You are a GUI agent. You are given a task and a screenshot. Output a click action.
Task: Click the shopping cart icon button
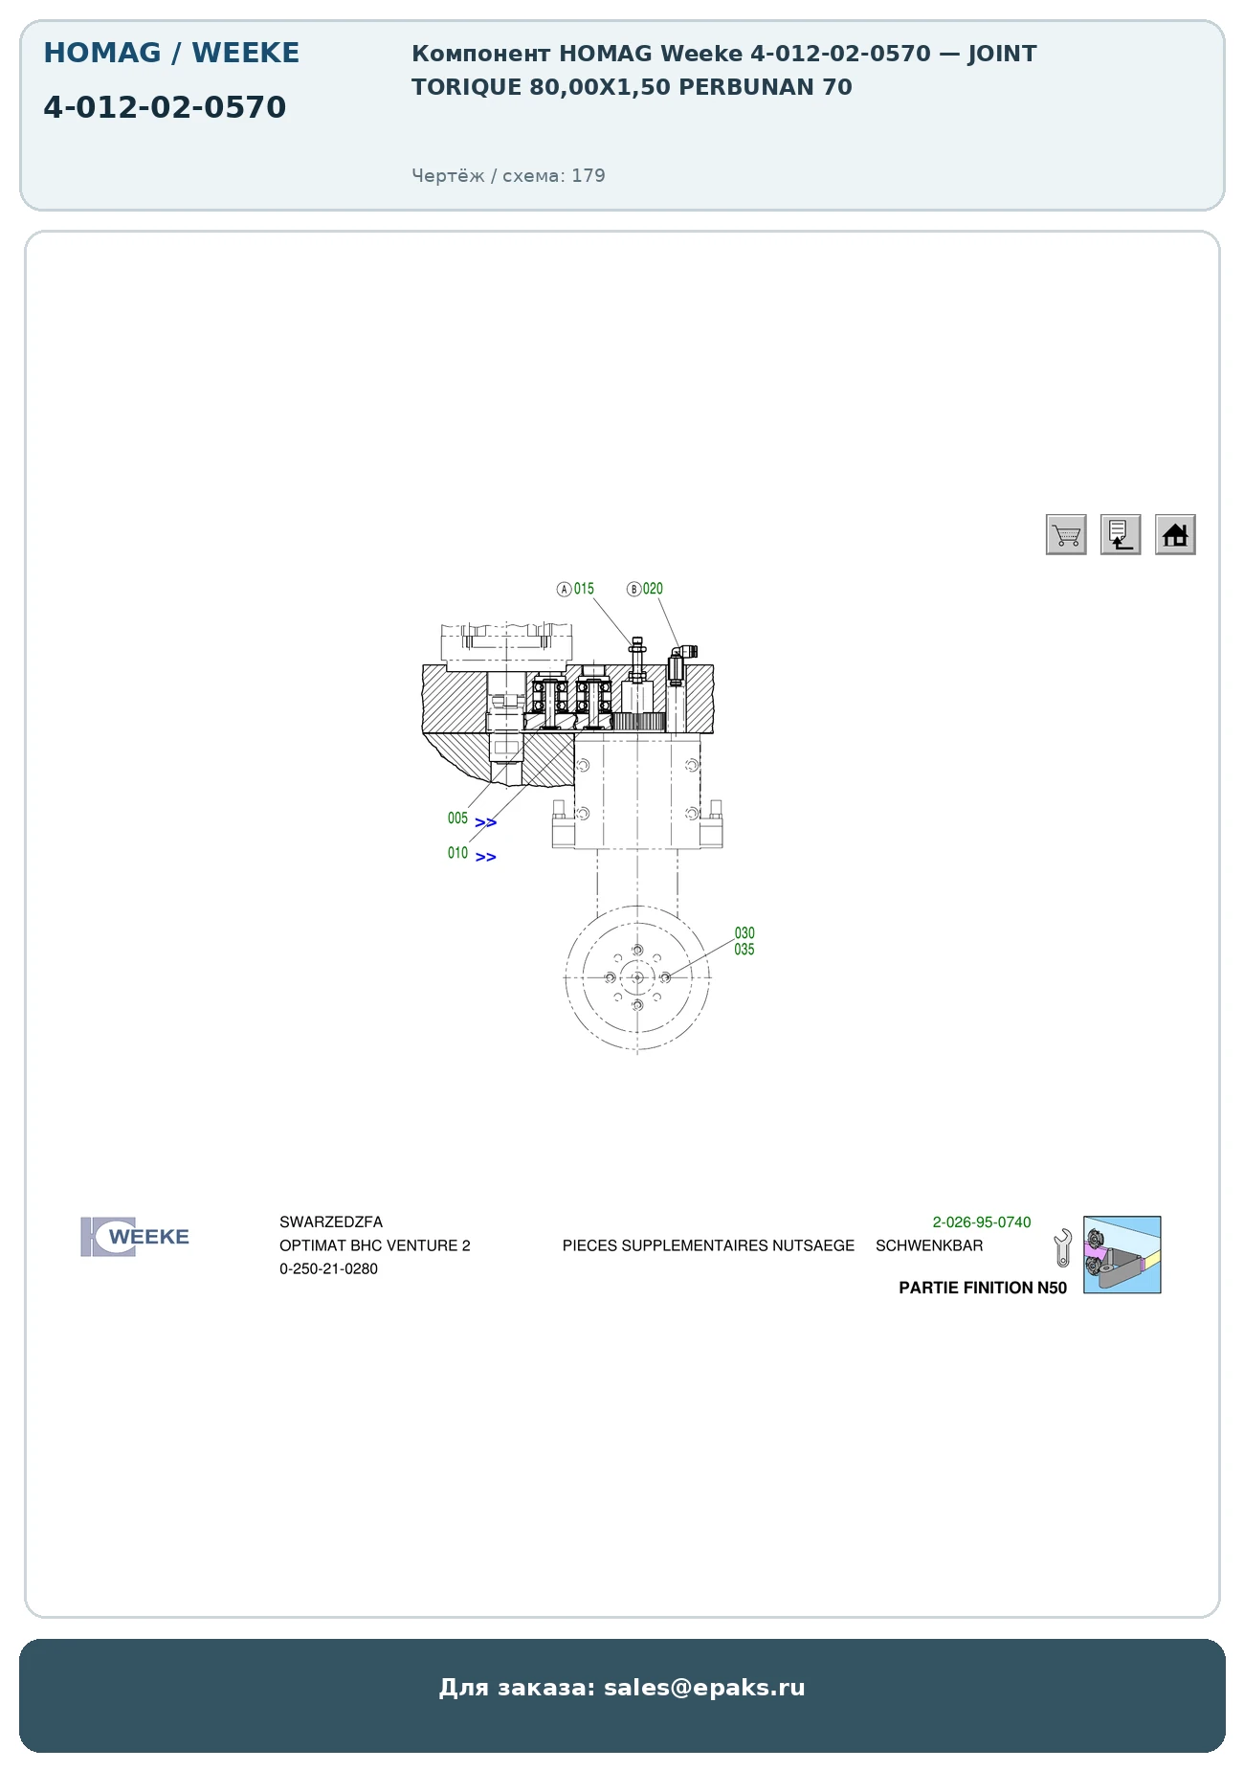(x=1066, y=534)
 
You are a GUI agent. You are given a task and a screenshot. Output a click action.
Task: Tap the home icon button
(x=1175, y=534)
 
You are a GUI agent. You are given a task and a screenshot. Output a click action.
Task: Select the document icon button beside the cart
(x=1121, y=534)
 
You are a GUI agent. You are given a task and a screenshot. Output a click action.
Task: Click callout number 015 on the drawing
(x=584, y=589)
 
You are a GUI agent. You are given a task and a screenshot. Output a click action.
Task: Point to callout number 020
(x=653, y=589)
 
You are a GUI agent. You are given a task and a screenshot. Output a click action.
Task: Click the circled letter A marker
(x=565, y=589)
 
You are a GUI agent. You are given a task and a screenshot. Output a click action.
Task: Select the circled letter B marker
(x=633, y=589)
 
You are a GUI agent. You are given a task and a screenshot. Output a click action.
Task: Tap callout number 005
(x=457, y=818)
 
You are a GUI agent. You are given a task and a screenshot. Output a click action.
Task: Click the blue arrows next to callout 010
(x=486, y=858)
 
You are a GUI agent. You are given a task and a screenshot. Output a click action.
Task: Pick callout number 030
(x=744, y=933)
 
